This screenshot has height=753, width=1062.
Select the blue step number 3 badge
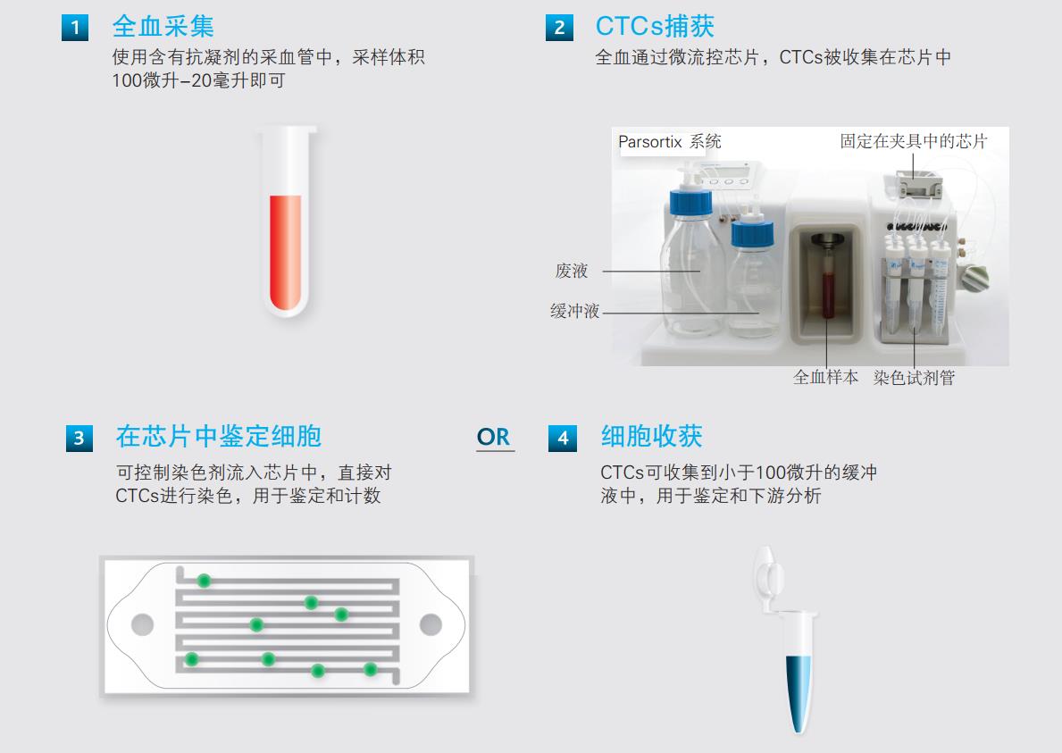pos(79,439)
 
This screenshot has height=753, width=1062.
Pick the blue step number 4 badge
pos(562,439)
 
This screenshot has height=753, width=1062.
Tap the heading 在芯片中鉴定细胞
pos(218,437)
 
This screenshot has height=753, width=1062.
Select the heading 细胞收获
pos(651,437)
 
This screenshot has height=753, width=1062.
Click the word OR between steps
pos(493,438)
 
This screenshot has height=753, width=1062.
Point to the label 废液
pos(572,272)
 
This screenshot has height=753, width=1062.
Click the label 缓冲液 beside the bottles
pos(574,312)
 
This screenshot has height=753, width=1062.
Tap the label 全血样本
pos(825,378)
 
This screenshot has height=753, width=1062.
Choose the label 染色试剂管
pos(914,378)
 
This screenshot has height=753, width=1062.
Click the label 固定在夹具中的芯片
pos(914,141)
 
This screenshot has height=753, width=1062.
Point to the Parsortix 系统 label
pos(670,142)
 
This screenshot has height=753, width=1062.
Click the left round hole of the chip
pos(143,623)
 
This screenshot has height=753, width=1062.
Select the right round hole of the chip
pos(431,623)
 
